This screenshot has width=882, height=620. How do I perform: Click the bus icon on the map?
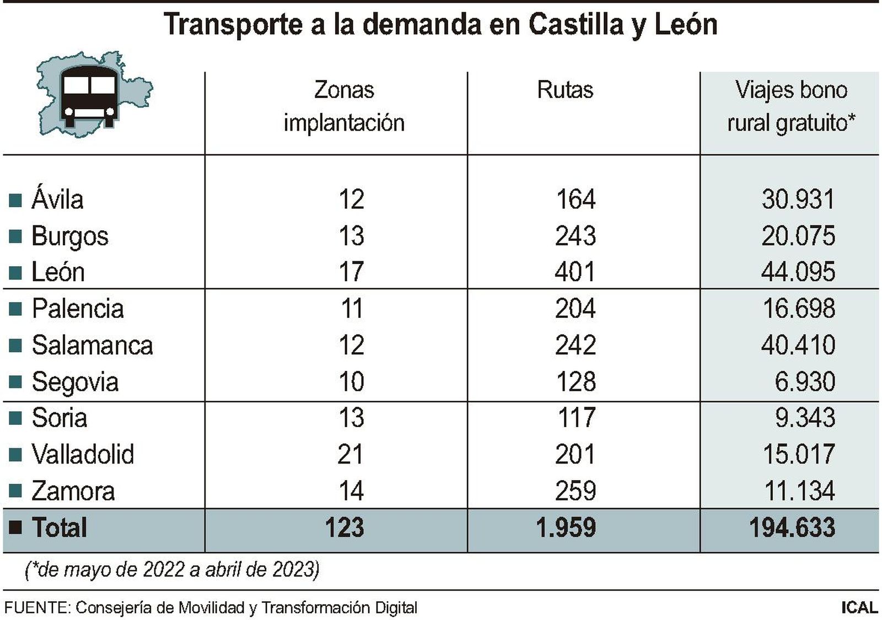point(90,97)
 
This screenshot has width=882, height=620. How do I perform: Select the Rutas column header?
point(565,90)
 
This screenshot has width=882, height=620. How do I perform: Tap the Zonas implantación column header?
point(344,106)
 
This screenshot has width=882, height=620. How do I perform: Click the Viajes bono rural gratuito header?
point(790,106)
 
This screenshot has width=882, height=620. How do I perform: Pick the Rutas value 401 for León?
point(575,272)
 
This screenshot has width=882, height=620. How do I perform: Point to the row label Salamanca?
point(92,345)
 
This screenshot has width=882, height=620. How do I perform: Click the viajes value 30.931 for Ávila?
point(798,199)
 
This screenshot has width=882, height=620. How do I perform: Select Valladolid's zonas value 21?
point(351,454)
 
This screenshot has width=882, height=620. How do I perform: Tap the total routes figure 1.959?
point(566,527)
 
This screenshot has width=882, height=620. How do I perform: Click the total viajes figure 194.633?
point(792,527)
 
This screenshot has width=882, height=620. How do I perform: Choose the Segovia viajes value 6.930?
point(804,381)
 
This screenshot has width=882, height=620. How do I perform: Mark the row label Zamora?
point(73,491)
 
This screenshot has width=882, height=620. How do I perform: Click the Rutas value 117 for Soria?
point(576,418)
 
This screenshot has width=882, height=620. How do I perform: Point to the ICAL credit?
point(859,608)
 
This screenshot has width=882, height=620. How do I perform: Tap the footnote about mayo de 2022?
point(172,569)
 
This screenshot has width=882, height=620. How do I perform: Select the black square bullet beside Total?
point(15,527)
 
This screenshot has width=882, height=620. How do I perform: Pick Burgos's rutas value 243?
point(575,236)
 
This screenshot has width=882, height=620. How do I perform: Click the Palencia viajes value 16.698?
point(798,309)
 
